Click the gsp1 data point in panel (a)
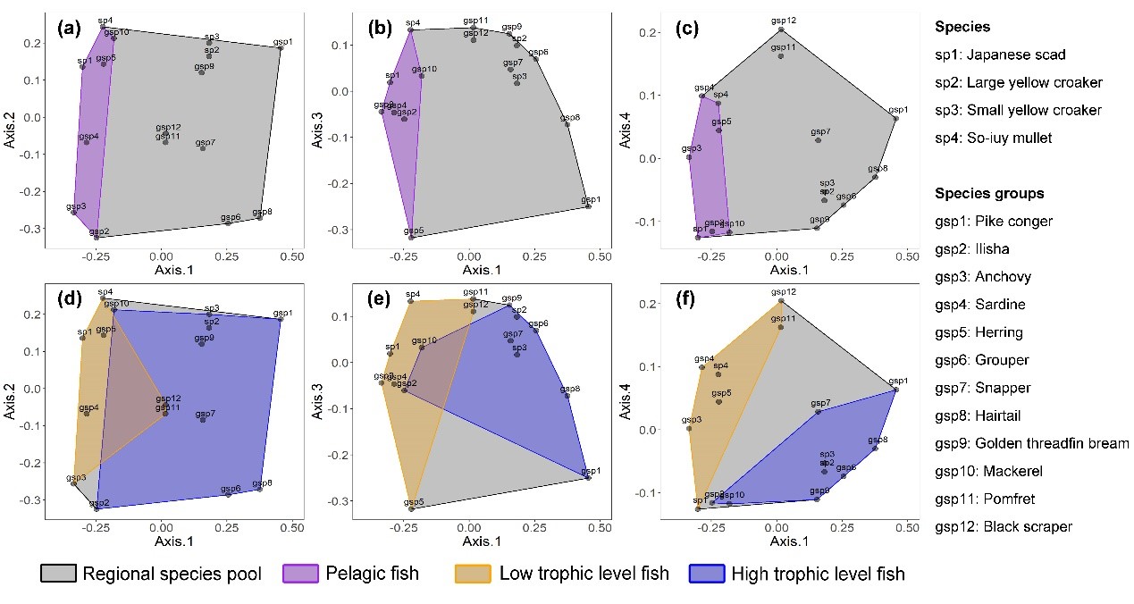pos(280,48)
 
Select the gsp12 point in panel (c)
pos(780,29)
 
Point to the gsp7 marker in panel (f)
pos(818,411)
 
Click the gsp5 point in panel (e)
pos(412,508)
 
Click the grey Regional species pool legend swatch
pos(58,574)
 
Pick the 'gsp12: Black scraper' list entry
pos(1004,526)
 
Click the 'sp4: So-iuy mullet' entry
pos(993,138)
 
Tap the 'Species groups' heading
pos(988,193)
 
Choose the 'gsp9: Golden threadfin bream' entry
pos(1031,443)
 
